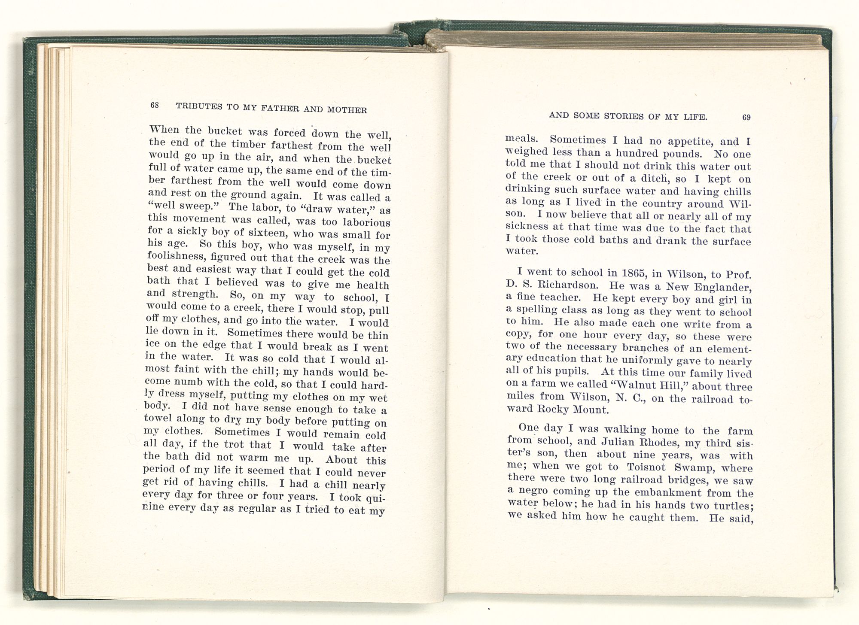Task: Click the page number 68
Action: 155,105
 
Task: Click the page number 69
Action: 746,118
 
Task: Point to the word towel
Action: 158,419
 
